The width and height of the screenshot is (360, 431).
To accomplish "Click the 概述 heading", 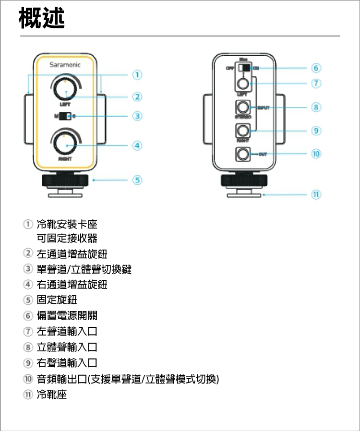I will (42, 18).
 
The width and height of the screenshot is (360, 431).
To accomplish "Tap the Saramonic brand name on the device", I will (65, 65).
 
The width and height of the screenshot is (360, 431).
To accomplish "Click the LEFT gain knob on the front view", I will (64, 88).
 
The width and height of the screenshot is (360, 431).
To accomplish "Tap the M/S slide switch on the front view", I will (65, 116).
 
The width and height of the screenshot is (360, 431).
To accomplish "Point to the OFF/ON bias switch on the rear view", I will (244, 68).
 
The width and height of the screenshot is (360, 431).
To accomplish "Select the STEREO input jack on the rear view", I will (244, 107).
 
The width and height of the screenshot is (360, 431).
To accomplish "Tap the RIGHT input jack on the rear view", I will (244, 131).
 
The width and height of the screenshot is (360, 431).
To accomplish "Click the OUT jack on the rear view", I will (244, 154).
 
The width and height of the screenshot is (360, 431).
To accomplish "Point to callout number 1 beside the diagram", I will (137, 74).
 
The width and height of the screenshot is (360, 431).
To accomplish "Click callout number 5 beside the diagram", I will (137, 180).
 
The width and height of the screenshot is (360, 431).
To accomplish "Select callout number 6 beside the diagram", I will (316, 68).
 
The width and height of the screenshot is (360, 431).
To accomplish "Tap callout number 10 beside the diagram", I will (316, 154).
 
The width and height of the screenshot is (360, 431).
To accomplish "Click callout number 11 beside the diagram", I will (316, 195).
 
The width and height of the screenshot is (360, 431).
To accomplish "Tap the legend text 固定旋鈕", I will (57, 300).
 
